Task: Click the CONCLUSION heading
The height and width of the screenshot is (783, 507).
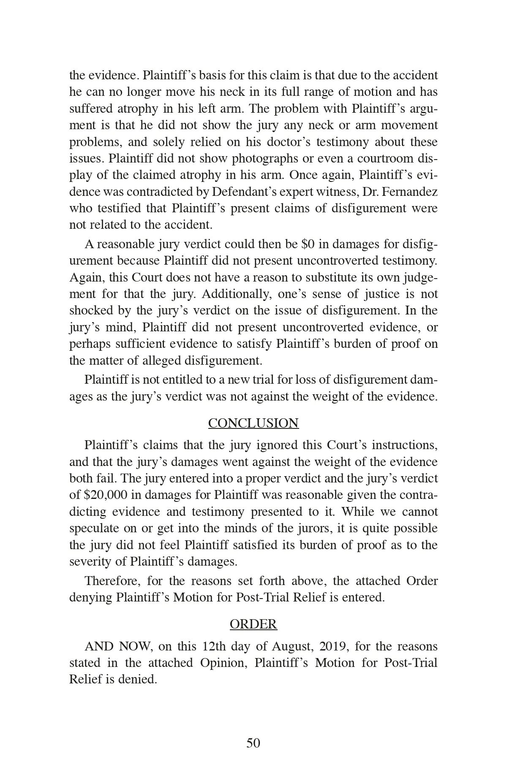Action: (253, 423)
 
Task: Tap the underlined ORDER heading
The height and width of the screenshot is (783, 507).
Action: (253, 624)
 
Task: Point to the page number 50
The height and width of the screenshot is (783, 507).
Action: (253, 743)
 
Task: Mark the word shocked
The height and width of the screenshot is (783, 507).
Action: (90, 311)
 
